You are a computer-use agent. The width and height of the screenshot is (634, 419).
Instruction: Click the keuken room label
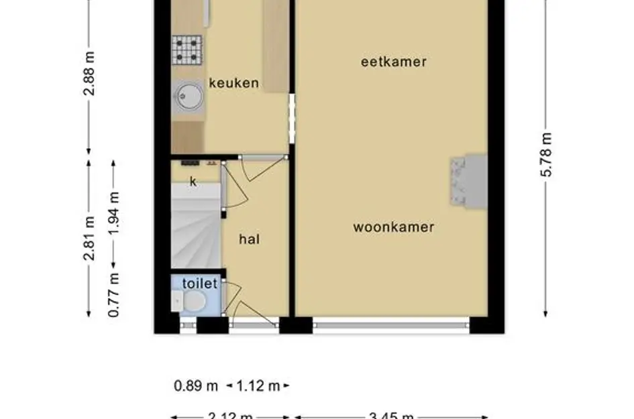coord(233,83)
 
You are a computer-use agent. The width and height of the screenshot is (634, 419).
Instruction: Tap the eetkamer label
coord(394,62)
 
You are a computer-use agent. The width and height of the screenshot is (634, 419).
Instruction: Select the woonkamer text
coord(394,227)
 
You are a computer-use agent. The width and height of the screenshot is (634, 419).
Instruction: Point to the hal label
coord(250,239)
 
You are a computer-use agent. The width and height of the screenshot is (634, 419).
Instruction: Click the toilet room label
coord(199,284)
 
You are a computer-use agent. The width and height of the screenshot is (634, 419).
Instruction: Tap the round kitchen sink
coord(189,96)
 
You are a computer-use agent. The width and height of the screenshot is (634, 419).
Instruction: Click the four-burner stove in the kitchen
coord(187,50)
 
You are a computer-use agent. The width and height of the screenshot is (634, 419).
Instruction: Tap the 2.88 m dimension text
coord(89,72)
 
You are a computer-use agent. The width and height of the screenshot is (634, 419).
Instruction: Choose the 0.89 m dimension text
coord(196,385)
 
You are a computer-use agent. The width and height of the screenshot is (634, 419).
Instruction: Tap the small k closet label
coord(193,182)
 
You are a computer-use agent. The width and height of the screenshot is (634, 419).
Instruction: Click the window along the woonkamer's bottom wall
coord(390,326)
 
